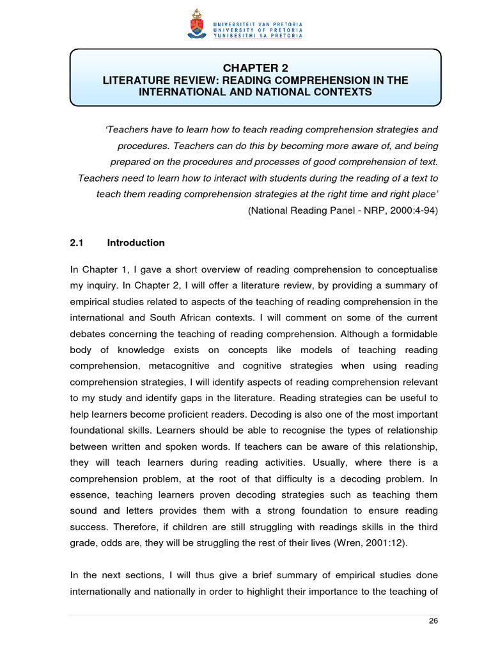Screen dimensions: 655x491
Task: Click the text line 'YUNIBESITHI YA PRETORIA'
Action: point(258,36)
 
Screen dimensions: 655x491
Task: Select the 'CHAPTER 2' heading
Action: point(255,68)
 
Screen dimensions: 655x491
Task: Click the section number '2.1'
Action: point(77,242)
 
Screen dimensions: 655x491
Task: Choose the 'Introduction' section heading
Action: point(136,242)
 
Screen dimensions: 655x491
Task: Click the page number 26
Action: point(433,620)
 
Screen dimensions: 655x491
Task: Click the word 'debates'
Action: point(88,333)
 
